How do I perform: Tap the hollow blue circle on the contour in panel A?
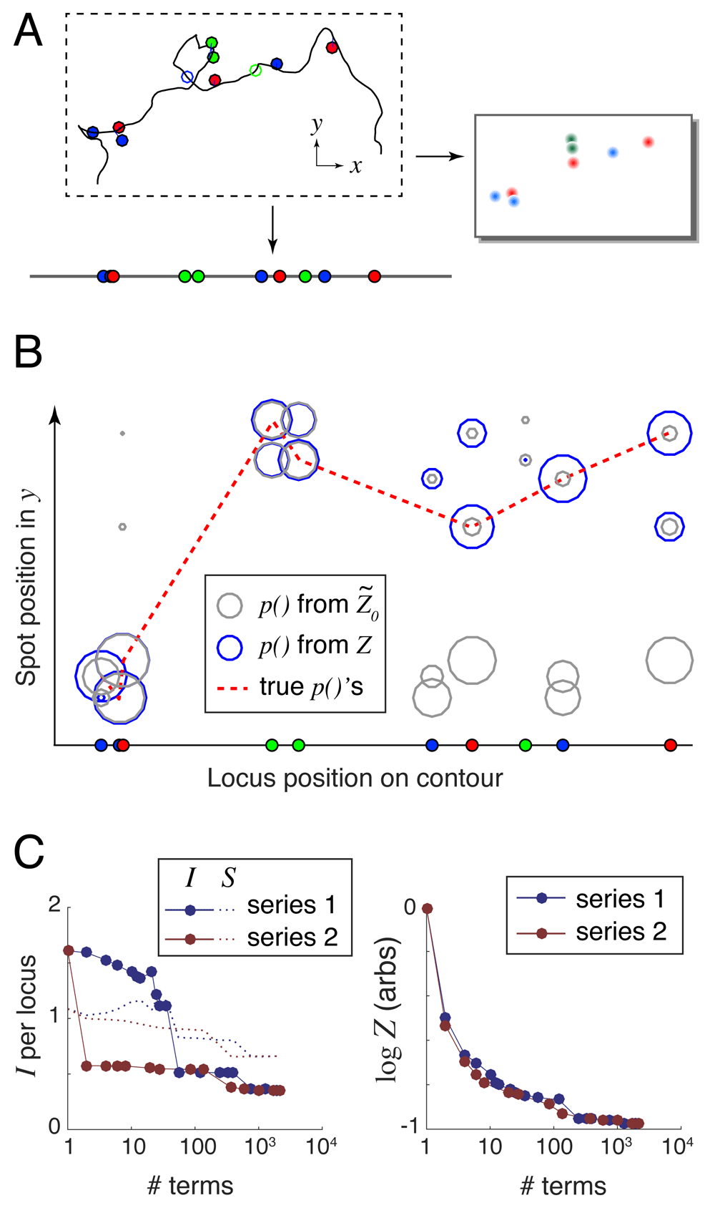[187, 77]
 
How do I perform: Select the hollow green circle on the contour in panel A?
[255, 69]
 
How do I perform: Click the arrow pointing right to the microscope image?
[440, 155]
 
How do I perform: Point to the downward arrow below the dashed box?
[272, 230]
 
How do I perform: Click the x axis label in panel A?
[355, 167]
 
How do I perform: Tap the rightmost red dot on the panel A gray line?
[374, 276]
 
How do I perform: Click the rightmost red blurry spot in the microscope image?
[648, 142]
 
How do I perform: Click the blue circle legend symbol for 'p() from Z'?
[230, 646]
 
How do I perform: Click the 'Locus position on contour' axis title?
[355, 778]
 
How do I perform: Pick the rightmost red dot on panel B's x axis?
[670, 745]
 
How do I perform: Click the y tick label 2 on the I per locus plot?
[54, 905]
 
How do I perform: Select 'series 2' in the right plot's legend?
[621, 932]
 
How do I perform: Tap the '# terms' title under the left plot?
[190, 1186]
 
